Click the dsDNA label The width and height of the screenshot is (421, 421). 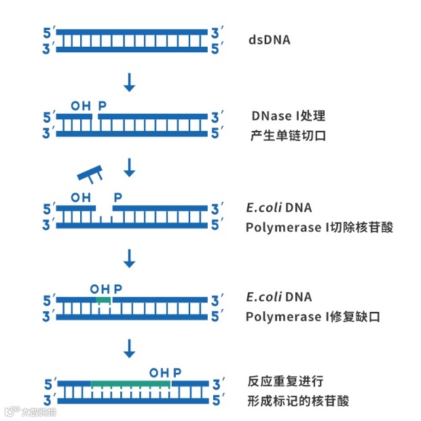(x=269, y=40)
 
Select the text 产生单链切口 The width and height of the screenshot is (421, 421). (x=288, y=136)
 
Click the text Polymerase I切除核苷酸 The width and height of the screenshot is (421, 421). (x=319, y=227)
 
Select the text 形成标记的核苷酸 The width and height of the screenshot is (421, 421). (x=298, y=401)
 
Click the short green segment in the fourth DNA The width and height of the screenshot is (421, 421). (x=103, y=299)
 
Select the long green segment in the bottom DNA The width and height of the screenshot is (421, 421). (x=130, y=384)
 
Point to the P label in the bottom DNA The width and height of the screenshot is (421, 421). (x=177, y=373)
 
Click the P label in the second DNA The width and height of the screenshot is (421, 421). (x=103, y=106)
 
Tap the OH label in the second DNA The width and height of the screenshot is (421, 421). (x=80, y=106)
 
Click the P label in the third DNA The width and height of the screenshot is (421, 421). (x=117, y=197)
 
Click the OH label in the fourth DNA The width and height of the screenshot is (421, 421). (x=99, y=289)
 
